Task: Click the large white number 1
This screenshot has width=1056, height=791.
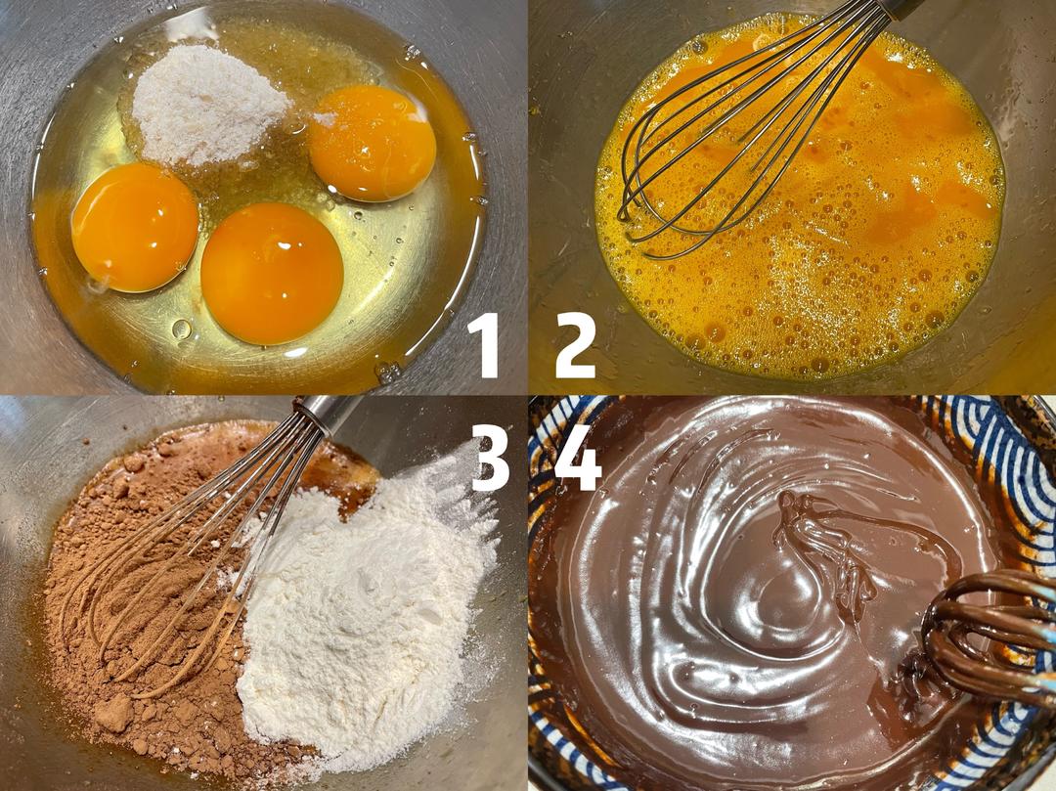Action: pyautogui.click(x=485, y=345)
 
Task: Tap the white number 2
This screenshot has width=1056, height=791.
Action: pyautogui.click(x=576, y=345)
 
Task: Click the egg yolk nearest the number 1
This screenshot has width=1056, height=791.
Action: pyautogui.click(x=272, y=273)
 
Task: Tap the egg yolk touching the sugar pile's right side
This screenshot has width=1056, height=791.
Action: pyautogui.click(x=372, y=143)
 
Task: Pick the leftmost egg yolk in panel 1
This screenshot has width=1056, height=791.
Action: pyautogui.click(x=135, y=227)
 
